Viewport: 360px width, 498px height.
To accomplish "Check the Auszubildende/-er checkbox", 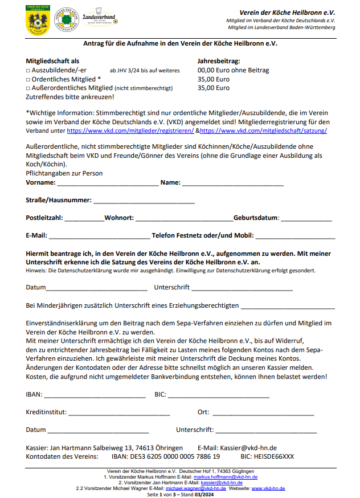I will (28, 71).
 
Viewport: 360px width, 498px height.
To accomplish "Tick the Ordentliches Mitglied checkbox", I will (28, 79).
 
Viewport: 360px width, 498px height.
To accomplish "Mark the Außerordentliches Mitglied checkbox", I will (28, 88).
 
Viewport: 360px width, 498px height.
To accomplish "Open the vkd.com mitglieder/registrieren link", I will (130, 130).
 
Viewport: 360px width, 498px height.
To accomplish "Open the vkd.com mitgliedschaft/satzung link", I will (263, 130).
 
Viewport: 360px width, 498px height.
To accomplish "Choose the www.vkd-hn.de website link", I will (268, 488).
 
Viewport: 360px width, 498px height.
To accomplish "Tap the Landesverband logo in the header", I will (99, 19).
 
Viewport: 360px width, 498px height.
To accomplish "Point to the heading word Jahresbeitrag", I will (219, 61).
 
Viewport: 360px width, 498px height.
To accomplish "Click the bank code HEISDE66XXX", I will (276, 457).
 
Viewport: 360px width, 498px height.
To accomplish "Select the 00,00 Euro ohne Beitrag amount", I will (233, 71).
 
